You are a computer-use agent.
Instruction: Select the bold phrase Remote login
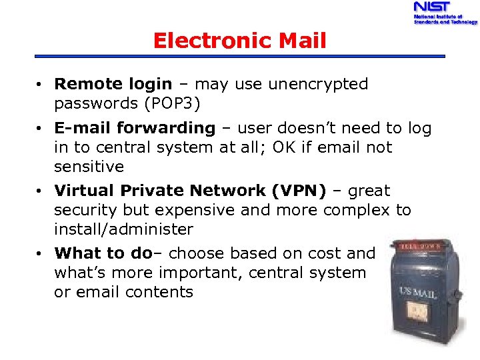[x=113, y=84]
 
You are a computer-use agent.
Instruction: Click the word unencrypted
[x=318, y=84]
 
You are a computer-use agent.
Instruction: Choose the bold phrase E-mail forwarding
[x=135, y=127]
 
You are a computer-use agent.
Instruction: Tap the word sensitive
[x=89, y=166]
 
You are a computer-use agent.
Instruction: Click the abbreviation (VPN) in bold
[x=299, y=191]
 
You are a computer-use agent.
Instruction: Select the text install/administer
[x=124, y=229]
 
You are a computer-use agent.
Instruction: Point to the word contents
[x=161, y=292]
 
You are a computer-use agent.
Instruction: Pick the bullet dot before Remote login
[x=41, y=85]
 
